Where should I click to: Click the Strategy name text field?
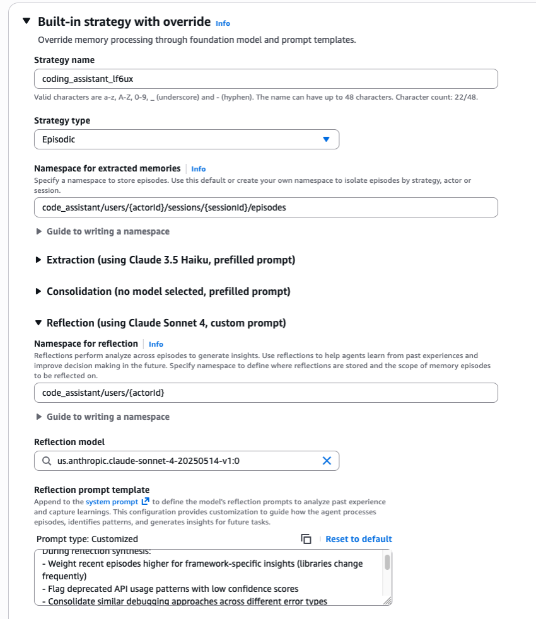(x=265, y=79)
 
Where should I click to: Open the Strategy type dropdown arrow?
(x=326, y=139)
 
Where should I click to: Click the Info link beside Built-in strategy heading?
(x=223, y=23)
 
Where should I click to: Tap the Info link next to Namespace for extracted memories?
(x=199, y=169)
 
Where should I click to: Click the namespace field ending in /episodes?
(x=265, y=207)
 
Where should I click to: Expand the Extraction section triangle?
(x=38, y=260)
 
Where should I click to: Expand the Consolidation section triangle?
(x=38, y=291)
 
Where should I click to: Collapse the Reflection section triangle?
(x=38, y=323)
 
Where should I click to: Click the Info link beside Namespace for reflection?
(x=156, y=344)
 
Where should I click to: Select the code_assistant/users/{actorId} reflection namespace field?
(x=265, y=393)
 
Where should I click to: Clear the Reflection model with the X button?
(x=327, y=461)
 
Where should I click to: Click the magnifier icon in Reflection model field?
(x=47, y=461)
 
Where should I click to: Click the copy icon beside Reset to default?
(x=306, y=539)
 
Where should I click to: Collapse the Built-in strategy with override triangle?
(x=26, y=21)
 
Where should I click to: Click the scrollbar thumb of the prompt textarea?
(x=387, y=562)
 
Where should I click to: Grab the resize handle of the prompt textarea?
(x=388, y=601)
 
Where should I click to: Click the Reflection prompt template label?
(x=91, y=490)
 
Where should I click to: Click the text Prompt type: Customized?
(x=87, y=539)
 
